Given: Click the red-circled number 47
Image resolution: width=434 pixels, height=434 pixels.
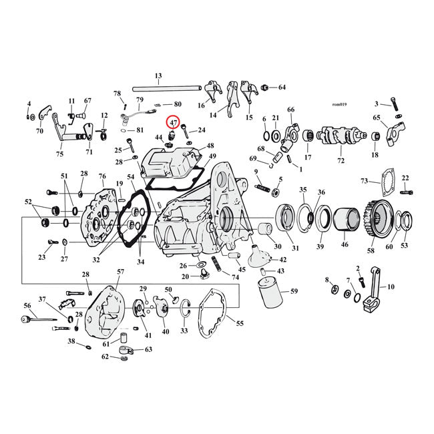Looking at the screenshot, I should click(173, 124).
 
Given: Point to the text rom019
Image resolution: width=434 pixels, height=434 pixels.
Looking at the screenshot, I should click(341, 104).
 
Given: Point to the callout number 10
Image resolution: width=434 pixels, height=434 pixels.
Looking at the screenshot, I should click(391, 287).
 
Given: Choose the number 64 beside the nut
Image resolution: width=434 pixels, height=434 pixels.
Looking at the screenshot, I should click(282, 87).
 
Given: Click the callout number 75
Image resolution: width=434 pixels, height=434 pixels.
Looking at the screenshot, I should click(60, 154).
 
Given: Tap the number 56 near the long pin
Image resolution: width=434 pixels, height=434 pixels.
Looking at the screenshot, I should click(27, 305).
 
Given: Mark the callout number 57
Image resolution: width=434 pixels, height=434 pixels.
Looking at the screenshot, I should click(121, 272).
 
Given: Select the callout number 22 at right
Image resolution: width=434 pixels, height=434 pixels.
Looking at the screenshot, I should click(405, 178).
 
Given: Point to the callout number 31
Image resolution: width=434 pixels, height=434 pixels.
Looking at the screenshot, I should click(294, 248).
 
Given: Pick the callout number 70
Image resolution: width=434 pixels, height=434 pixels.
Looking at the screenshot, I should click(39, 131).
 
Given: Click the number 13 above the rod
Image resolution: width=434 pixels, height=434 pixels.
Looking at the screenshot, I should click(158, 75).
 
